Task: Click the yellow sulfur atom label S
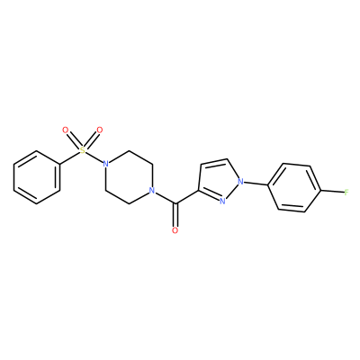point(83,150)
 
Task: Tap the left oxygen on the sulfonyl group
point(66,130)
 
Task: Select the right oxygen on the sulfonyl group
point(100,130)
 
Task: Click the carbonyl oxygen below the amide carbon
point(175,230)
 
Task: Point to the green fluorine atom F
point(346,192)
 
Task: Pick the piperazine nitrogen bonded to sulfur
point(105,164)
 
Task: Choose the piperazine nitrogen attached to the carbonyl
point(152,191)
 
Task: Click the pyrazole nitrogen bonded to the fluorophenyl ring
point(240,181)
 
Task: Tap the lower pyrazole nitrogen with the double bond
point(222,201)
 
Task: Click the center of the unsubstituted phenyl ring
point(37,177)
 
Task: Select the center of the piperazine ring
point(129,177)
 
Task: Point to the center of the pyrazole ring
point(218,181)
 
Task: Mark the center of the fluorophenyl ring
point(294,187)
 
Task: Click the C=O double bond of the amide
point(175,215)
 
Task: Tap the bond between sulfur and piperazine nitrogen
point(94,157)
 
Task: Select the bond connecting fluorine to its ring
point(332,191)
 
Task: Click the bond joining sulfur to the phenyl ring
point(69,157)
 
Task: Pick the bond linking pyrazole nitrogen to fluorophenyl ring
point(256,184)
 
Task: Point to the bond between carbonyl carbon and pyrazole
point(187,197)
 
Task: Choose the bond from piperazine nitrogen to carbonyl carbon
point(166,198)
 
